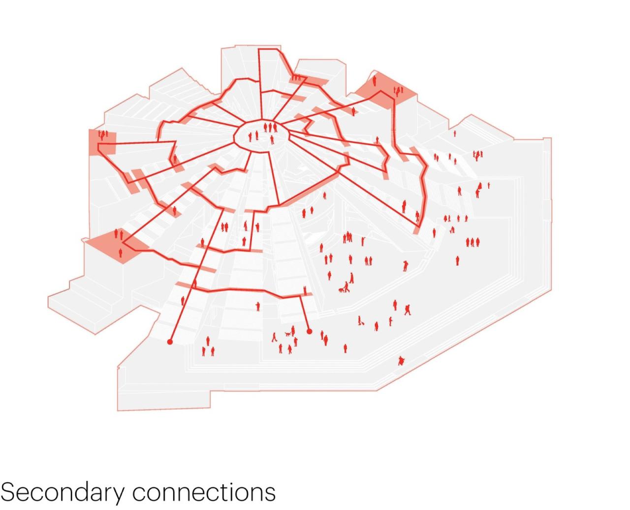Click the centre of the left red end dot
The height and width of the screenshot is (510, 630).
(x=170, y=342)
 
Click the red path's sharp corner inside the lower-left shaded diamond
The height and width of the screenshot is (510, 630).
(x=123, y=243)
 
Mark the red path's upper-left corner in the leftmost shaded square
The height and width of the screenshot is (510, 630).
(x=98, y=144)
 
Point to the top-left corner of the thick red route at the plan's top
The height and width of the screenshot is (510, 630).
(x=259, y=49)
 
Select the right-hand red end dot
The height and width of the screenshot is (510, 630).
(x=310, y=332)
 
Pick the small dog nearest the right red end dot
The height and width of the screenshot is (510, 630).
(x=287, y=334)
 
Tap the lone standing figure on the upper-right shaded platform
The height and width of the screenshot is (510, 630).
(x=375, y=80)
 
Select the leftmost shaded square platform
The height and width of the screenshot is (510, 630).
(x=102, y=142)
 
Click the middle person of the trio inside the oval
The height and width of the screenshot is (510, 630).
(x=270, y=127)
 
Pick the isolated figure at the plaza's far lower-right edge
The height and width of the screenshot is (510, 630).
(x=401, y=361)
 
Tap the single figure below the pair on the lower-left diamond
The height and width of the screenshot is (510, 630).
(x=121, y=253)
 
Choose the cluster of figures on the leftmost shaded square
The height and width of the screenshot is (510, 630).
(x=103, y=135)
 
